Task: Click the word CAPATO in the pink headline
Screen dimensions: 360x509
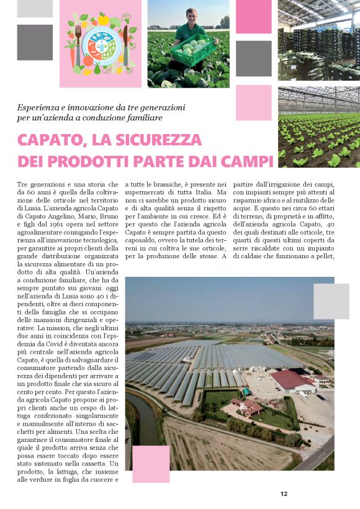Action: (x=49, y=139)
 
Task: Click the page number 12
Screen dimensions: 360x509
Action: (x=284, y=494)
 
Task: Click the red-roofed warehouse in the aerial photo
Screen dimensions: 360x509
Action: (x=290, y=379)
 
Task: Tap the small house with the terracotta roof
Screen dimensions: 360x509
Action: (x=246, y=407)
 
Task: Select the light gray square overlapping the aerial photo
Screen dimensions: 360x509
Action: (x=331, y=301)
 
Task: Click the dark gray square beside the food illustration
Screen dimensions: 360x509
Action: (x=35, y=42)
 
